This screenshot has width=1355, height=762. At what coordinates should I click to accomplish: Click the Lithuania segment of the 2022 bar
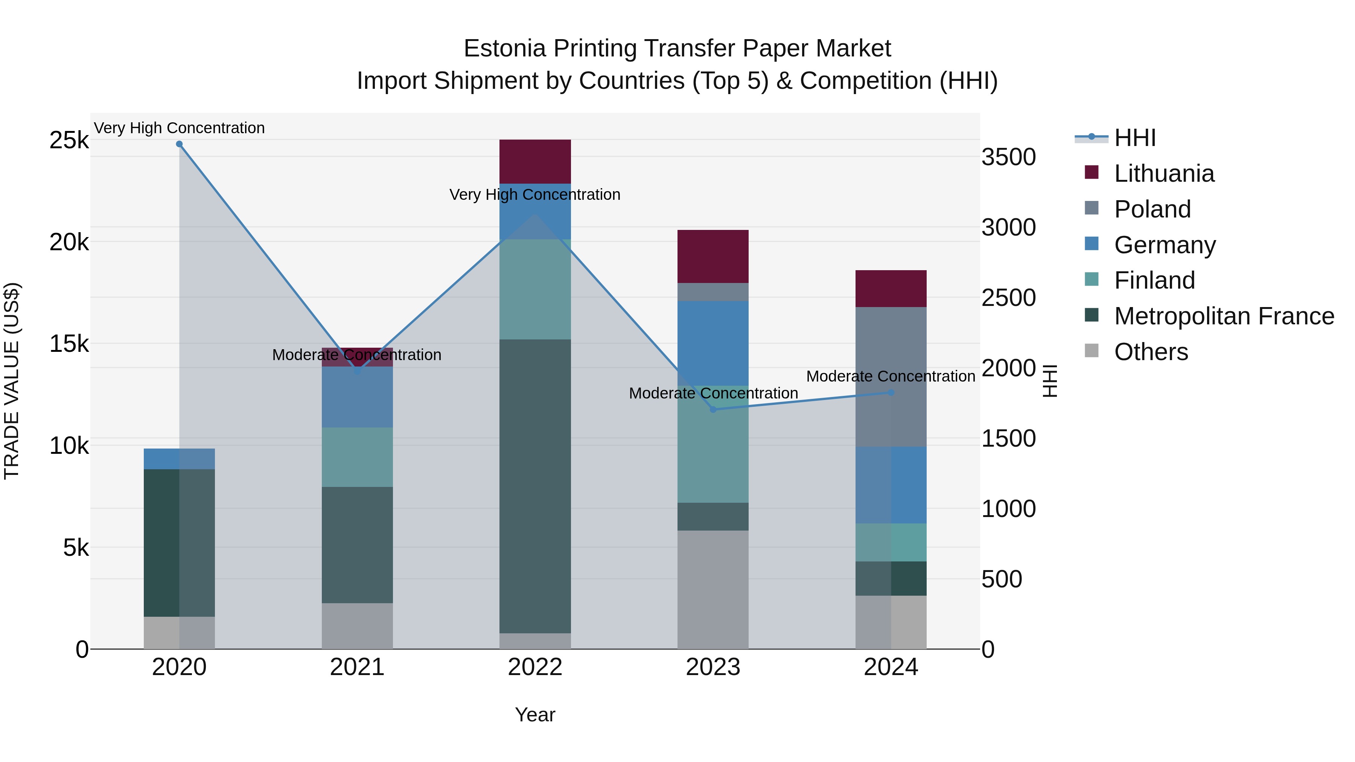click(x=535, y=161)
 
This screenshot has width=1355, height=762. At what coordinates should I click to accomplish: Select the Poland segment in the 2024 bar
click(x=891, y=377)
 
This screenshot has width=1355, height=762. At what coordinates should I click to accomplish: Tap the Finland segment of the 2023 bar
click(x=713, y=444)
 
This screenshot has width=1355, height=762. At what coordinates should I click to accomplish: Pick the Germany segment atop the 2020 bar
click(x=179, y=459)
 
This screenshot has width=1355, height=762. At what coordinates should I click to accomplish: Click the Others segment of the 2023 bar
click(x=713, y=589)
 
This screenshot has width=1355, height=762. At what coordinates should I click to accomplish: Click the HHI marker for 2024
click(x=891, y=392)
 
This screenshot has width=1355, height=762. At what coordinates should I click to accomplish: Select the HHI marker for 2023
click(x=713, y=409)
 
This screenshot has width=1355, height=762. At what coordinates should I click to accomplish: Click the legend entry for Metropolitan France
click(x=1224, y=316)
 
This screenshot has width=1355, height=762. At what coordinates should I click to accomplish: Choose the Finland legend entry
click(x=1154, y=280)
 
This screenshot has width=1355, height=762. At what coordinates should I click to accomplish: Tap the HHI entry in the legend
click(x=1134, y=138)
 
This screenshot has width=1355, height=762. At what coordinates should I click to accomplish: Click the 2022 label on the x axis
click(x=535, y=667)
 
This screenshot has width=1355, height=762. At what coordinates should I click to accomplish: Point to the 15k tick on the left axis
click(x=69, y=344)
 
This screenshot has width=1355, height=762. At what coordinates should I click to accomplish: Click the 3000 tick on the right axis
click(x=1008, y=228)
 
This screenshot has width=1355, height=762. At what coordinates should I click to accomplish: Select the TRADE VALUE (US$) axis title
click(x=12, y=381)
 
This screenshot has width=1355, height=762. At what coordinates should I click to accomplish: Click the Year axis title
click(x=535, y=715)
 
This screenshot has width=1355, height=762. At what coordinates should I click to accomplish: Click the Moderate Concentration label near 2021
click(x=357, y=355)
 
